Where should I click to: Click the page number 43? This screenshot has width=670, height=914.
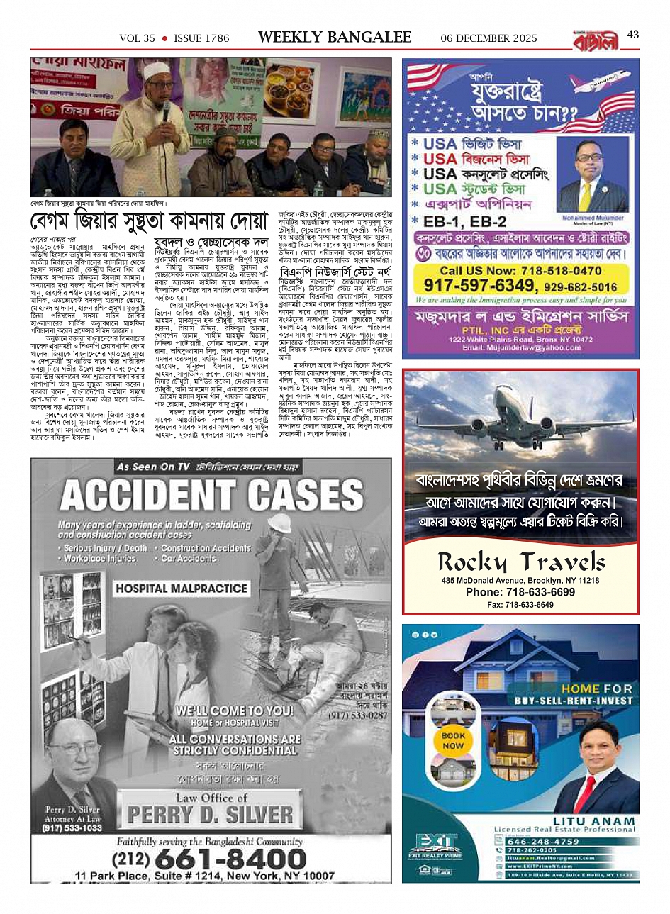point(633,35)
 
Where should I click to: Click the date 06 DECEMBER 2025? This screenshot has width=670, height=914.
point(488,38)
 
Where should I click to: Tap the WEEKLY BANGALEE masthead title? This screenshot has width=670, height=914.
point(335,38)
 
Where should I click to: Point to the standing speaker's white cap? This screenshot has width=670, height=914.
point(152,72)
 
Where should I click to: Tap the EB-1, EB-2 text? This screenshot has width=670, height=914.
point(469,222)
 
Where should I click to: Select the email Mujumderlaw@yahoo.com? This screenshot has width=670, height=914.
point(521,348)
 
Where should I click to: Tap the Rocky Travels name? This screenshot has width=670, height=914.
point(521,562)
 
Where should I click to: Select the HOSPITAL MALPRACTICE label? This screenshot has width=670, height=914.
point(182,589)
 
